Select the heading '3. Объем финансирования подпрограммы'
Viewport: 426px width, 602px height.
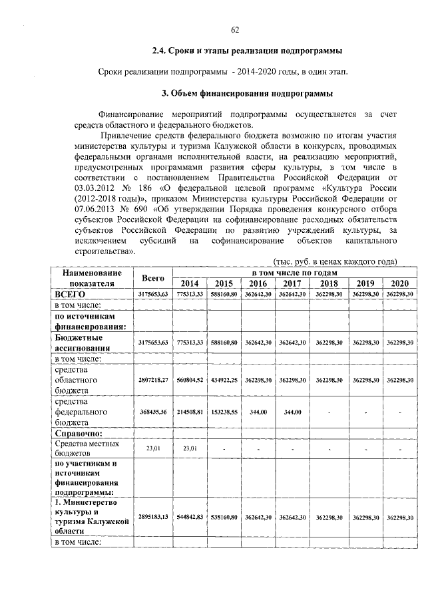click(248, 92)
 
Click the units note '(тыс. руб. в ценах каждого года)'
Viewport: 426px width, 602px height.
click(335, 262)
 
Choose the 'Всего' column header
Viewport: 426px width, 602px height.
click(152, 277)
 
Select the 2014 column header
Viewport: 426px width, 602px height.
click(190, 283)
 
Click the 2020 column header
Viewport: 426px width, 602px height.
click(400, 283)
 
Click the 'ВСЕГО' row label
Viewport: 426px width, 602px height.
click(71, 293)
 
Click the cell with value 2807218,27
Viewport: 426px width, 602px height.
click(152, 380)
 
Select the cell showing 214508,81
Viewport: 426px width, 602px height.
click(190, 412)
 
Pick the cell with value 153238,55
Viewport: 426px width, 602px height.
click(224, 412)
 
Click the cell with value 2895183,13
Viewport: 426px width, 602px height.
click(152, 516)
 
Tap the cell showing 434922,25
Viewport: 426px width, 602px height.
click(224, 380)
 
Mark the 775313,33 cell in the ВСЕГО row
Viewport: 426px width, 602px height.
click(190, 293)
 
